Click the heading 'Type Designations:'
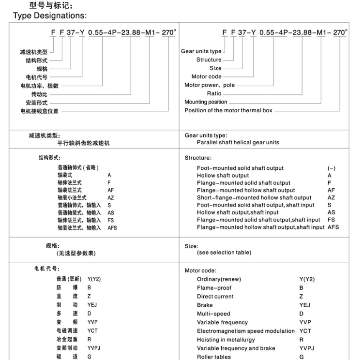pos(49,16)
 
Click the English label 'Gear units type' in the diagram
pos(201,51)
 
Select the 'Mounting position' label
pos(206,102)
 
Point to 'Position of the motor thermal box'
pos(228,110)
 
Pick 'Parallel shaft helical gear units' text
pos(238,143)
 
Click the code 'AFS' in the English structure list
pos(333,227)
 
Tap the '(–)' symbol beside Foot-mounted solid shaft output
pos(332,168)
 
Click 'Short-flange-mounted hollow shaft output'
pos(254,197)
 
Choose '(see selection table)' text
pos(224,253)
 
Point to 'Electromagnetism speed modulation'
pos(245,331)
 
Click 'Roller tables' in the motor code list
pos(214,357)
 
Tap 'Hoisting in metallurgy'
pos(226,340)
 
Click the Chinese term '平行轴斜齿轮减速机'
pos(83,143)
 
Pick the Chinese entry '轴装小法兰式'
pos(72,198)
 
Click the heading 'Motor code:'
pos(200,270)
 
